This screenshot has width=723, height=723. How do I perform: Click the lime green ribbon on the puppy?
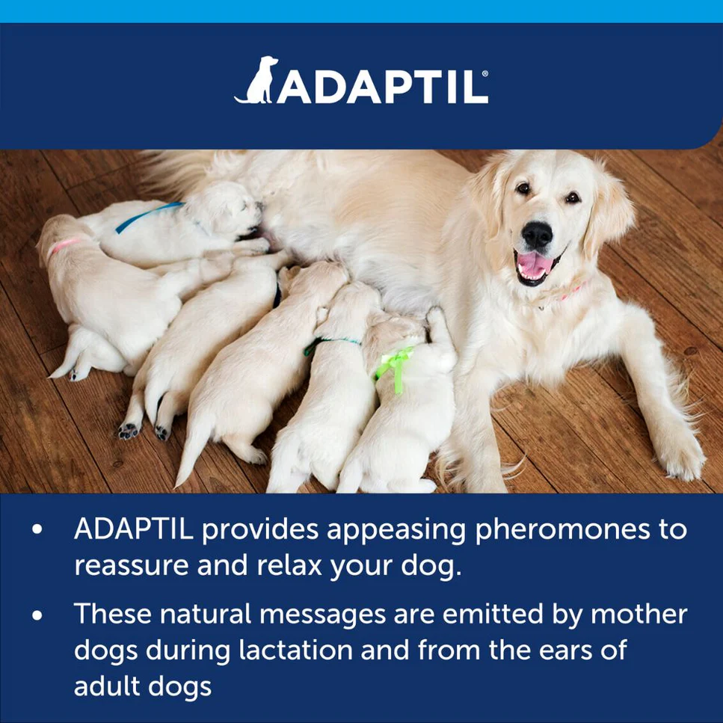point(395,365)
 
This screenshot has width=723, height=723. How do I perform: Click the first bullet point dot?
point(37,530)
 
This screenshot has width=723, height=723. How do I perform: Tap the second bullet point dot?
point(37,615)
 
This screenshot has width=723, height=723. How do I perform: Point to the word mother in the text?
point(639,614)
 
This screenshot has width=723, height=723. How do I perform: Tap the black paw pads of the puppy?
point(129,431)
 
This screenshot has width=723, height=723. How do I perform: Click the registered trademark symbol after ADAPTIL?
point(486,75)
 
